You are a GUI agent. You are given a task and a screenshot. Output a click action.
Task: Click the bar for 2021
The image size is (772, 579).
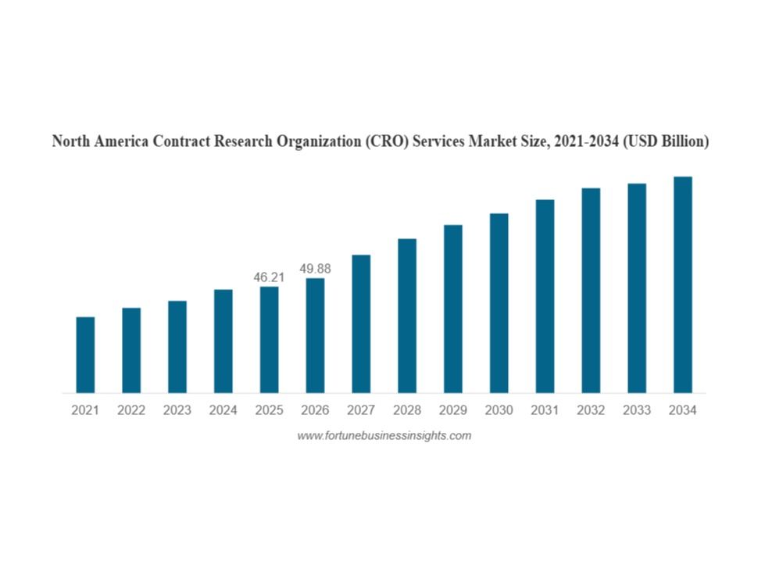(x=85, y=355)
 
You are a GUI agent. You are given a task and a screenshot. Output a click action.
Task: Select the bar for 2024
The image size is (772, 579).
(x=223, y=341)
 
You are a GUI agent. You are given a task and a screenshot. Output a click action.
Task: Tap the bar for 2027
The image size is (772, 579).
(x=361, y=323)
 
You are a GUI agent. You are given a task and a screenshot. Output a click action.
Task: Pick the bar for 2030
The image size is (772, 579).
(x=499, y=303)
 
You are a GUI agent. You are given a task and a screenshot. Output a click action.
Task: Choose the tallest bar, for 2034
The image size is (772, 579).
(x=683, y=284)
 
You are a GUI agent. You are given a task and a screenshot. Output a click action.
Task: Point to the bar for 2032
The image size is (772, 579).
(x=591, y=290)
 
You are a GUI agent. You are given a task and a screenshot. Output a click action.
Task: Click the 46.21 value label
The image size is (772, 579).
(x=270, y=277)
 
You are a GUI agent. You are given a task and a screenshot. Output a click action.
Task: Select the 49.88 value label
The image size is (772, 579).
(x=315, y=269)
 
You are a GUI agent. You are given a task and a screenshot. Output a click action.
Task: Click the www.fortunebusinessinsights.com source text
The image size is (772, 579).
(x=384, y=436)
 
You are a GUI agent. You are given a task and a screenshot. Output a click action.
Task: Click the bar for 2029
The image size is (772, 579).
(x=453, y=309)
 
